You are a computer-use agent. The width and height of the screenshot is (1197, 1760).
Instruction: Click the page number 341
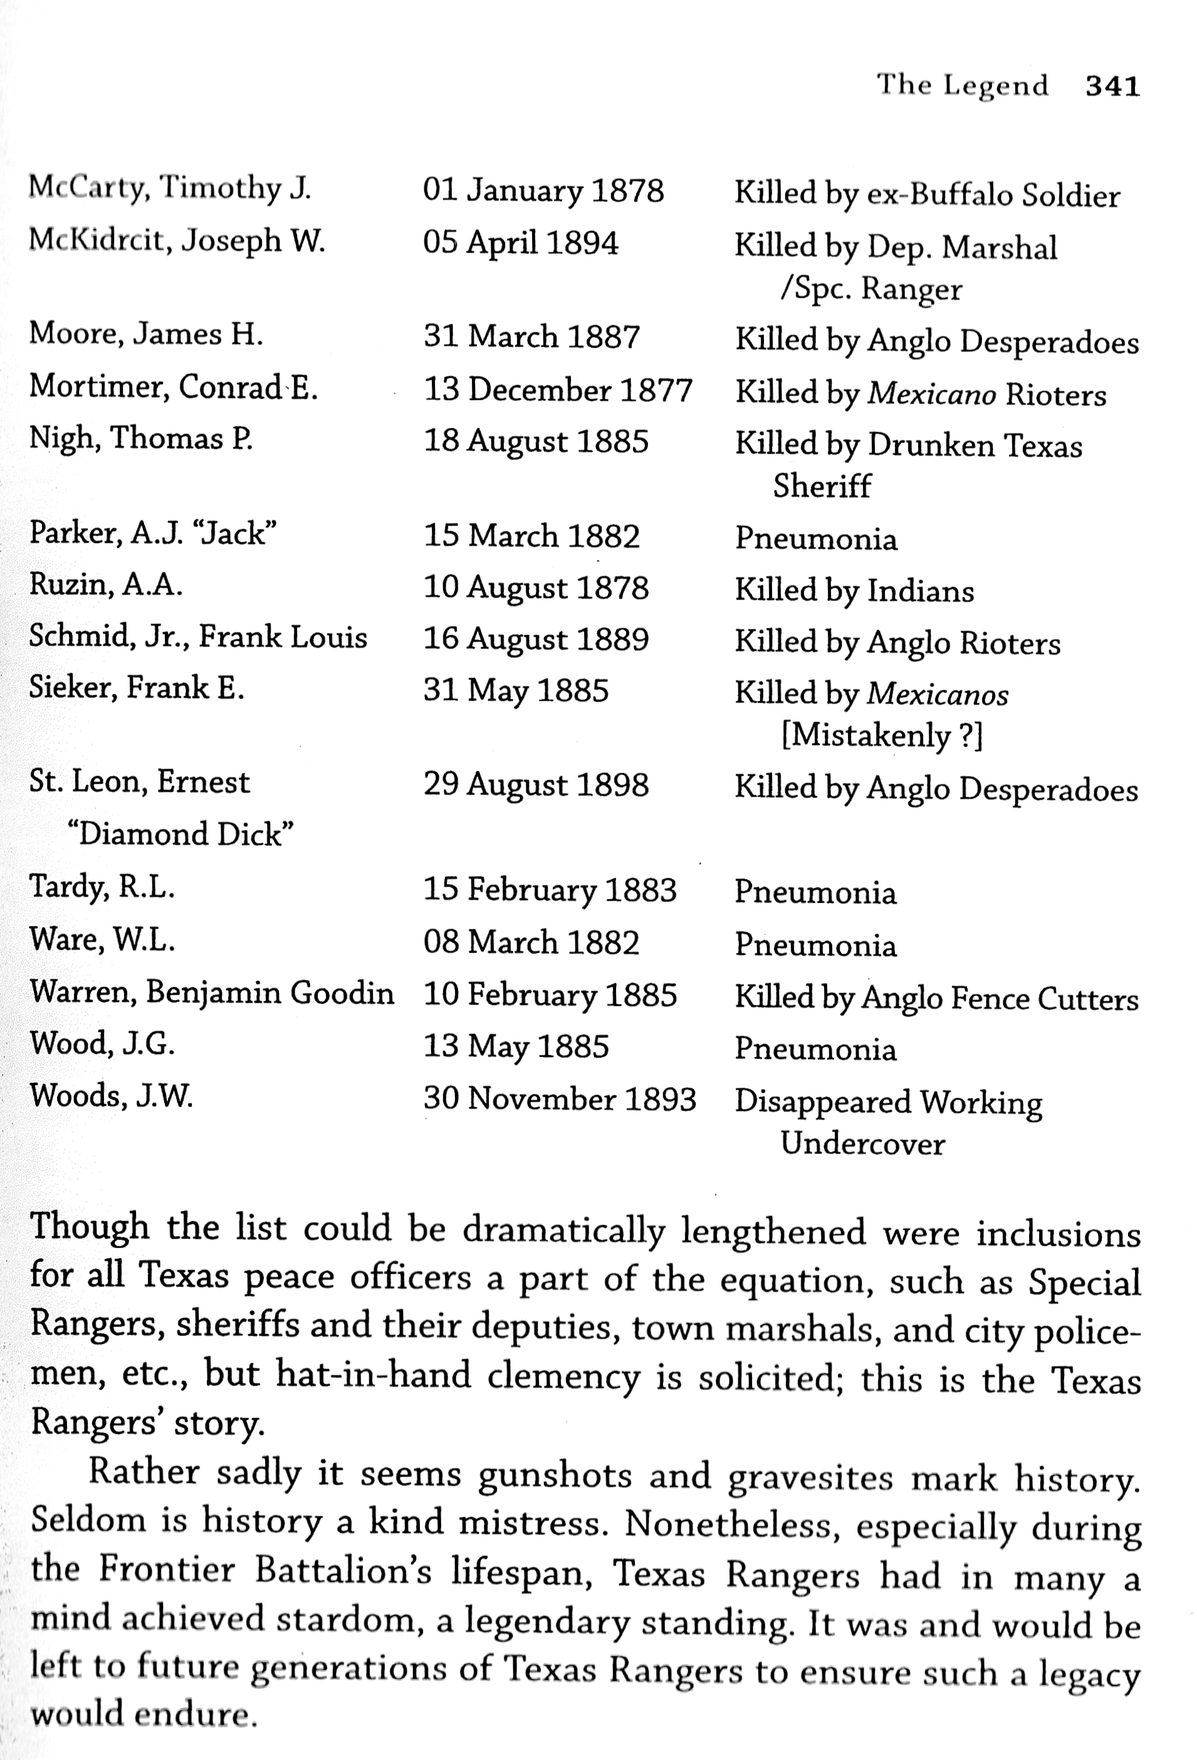pos(1112,86)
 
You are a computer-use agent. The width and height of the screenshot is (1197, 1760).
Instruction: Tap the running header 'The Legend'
pos(962,85)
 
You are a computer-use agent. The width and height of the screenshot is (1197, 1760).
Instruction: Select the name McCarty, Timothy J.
pos(170,188)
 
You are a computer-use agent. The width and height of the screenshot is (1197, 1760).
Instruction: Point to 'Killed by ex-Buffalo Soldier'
pos(926,195)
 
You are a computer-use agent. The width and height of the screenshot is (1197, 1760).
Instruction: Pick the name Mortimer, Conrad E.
pos(173,388)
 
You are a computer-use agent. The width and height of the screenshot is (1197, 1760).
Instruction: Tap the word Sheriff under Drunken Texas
pos(822,486)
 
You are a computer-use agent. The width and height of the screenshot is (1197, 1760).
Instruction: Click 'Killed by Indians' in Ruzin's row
pos(854,591)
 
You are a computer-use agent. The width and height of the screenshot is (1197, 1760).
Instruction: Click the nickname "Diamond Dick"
pos(180,835)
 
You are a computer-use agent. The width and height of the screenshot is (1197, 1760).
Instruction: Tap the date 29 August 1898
pos(536,785)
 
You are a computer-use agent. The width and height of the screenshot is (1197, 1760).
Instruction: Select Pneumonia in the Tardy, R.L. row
pos(815,893)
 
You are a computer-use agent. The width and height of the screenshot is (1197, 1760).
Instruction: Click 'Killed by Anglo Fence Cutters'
pos(936,999)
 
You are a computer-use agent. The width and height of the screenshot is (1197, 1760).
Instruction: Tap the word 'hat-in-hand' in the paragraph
pos(373,1375)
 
